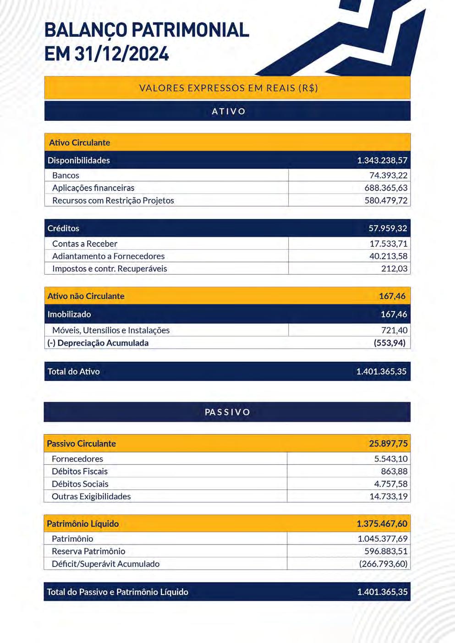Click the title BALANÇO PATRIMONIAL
click(147, 30)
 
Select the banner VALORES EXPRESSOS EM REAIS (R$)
click(228, 88)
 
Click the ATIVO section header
click(228, 111)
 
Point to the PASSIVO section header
click(227, 412)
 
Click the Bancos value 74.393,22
click(388, 175)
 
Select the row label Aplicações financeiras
click(93, 188)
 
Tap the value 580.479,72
click(386, 200)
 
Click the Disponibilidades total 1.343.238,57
click(382, 160)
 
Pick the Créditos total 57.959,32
click(388, 228)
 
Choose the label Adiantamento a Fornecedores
click(108, 256)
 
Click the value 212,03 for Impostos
click(394, 268)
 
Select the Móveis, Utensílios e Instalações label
click(111, 330)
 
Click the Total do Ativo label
click(73, 371)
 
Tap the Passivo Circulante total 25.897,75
click(388, 443)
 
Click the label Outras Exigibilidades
click(91, 496)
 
